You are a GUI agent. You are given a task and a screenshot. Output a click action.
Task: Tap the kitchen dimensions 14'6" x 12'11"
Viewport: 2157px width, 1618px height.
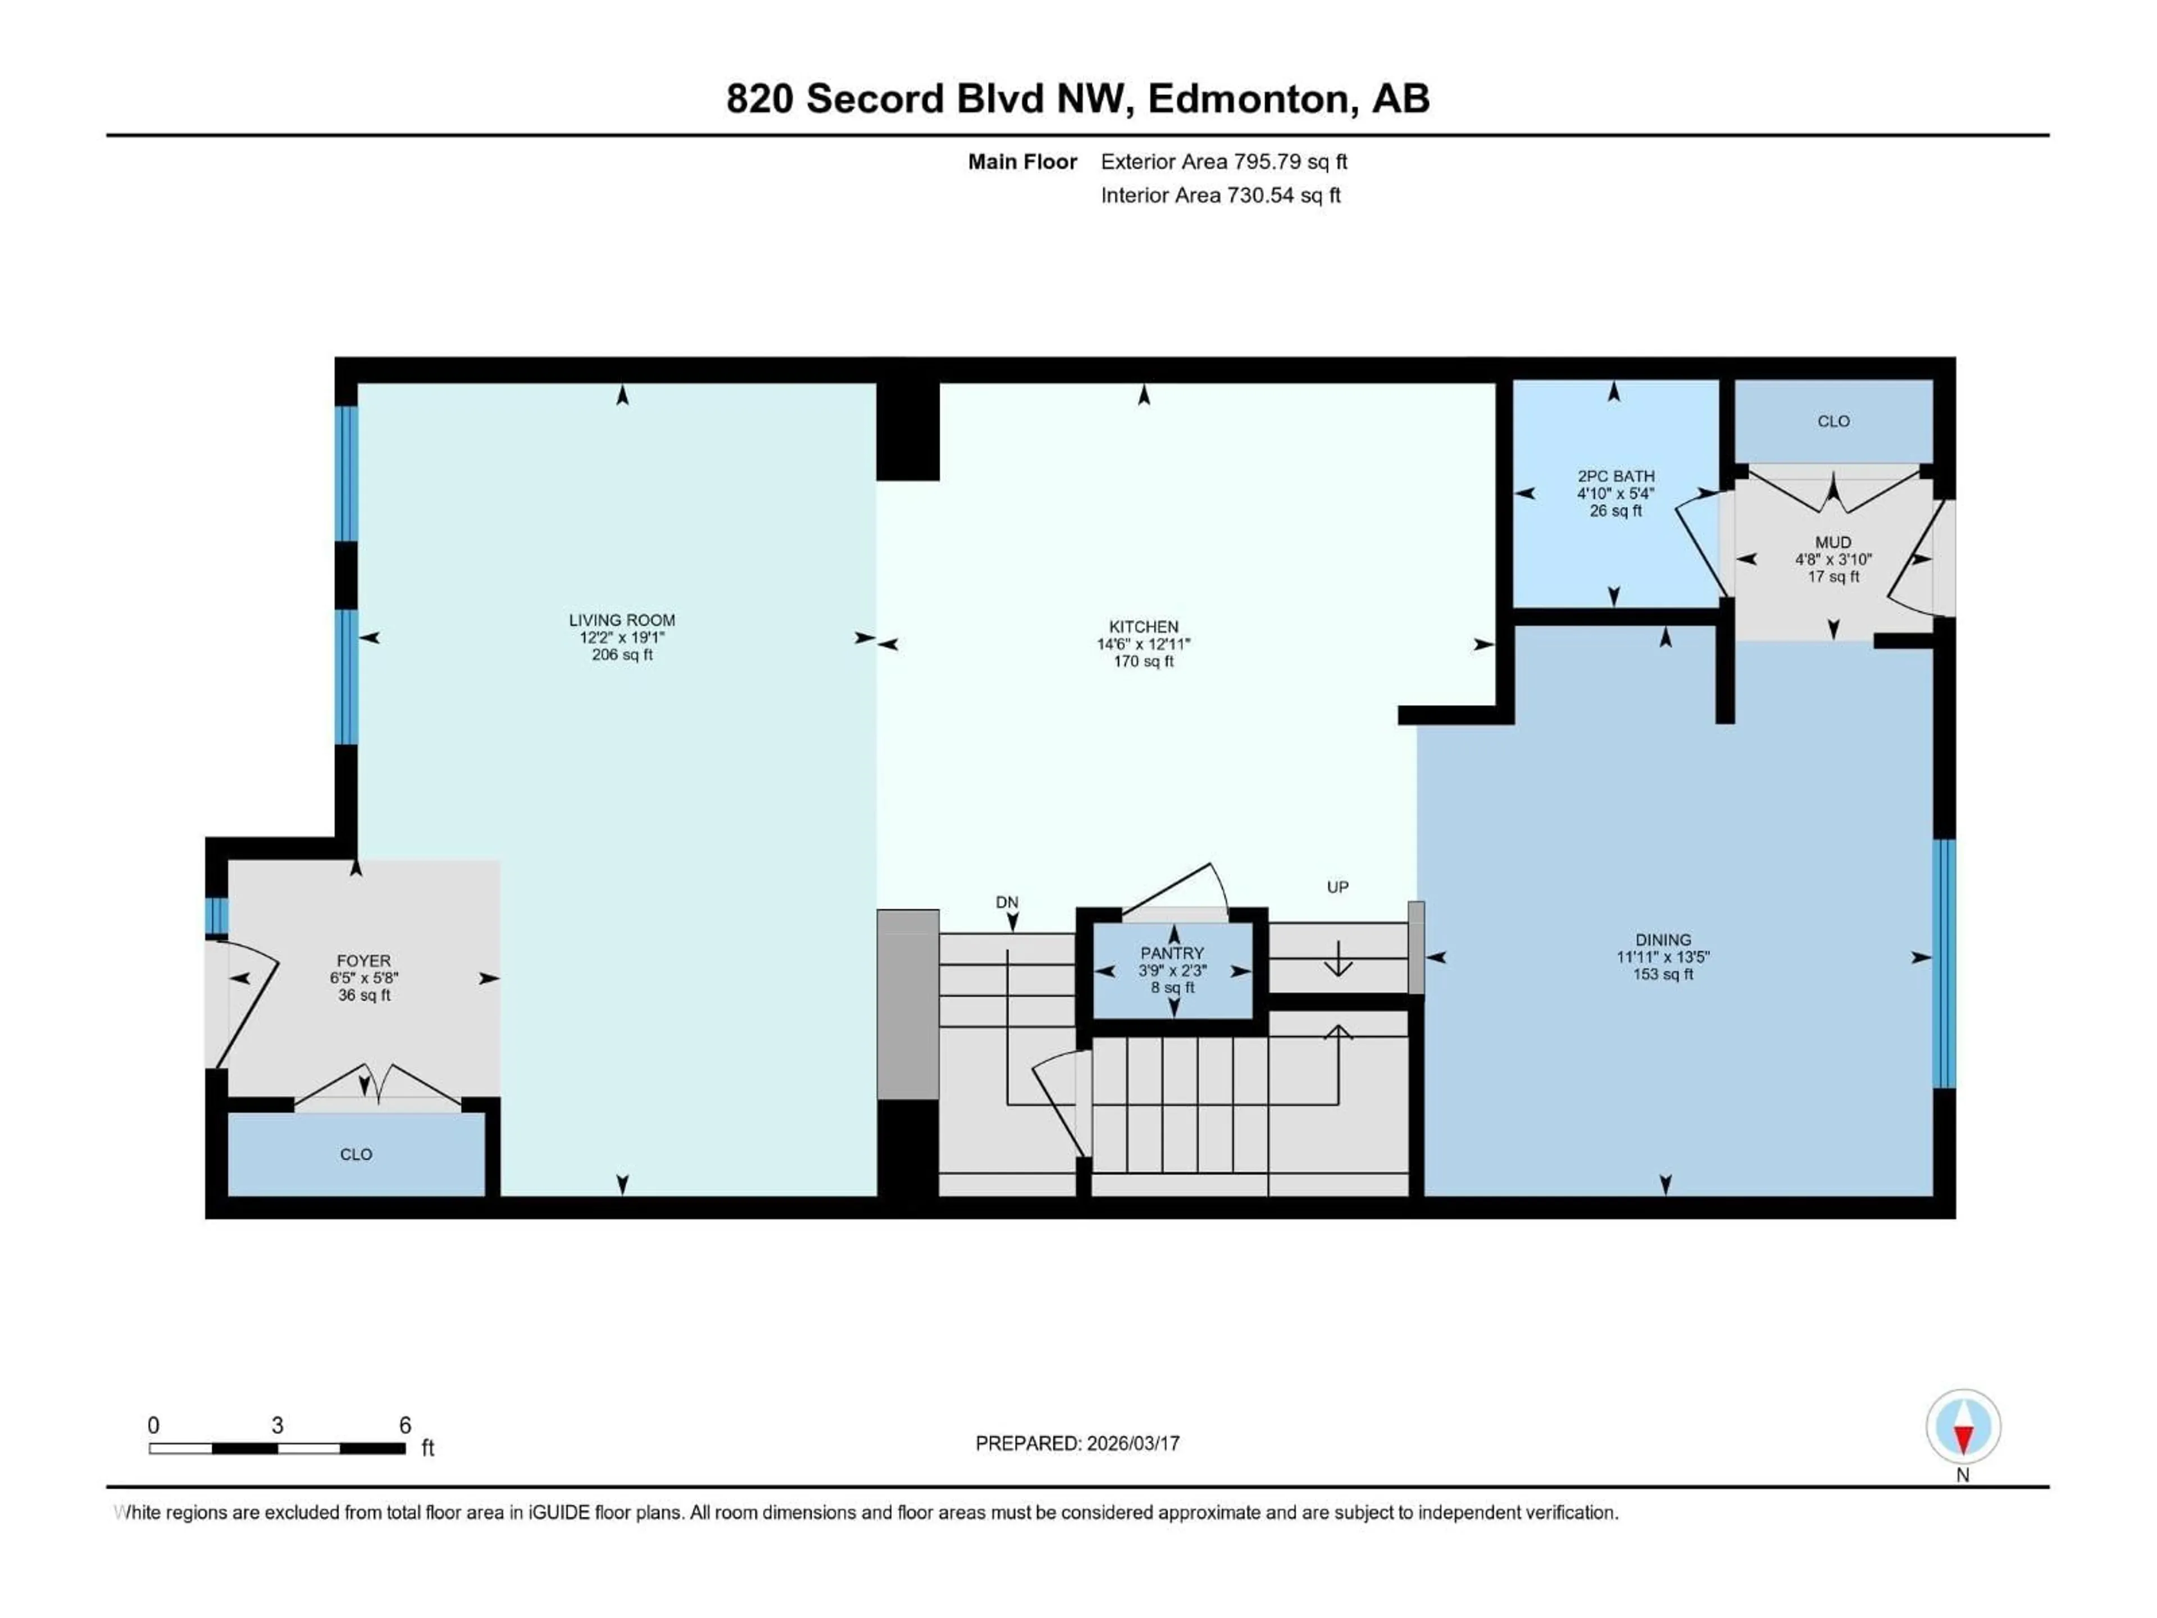(1143, 644)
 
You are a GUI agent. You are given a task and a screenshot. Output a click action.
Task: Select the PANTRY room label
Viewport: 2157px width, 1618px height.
(1172, 953)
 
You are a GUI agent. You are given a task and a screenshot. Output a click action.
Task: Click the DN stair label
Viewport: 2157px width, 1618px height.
(1007, 902)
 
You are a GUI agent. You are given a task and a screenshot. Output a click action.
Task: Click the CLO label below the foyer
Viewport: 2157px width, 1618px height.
(356, 1154)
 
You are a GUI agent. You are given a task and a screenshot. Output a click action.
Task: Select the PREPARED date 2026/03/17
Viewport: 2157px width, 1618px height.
(1077, 1443)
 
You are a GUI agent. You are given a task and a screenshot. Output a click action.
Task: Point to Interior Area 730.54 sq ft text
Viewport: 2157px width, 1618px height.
(1220, 195)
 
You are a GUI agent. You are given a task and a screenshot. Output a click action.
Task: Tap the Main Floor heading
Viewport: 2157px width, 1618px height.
(1021, 162)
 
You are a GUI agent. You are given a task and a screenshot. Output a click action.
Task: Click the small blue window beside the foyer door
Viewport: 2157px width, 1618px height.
(216, 916)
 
